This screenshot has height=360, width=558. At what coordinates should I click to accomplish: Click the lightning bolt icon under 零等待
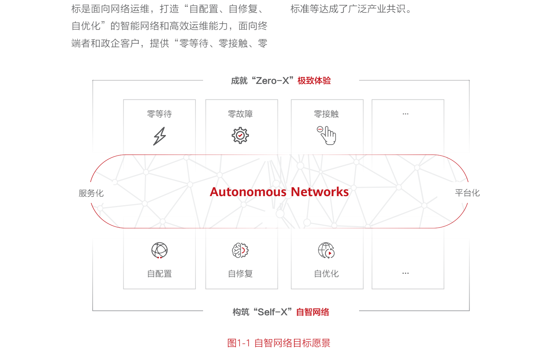[x=159, y=136]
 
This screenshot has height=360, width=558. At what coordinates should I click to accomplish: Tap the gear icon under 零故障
[x=240, y=135]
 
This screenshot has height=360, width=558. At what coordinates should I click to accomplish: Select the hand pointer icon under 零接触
[x=327, y=135]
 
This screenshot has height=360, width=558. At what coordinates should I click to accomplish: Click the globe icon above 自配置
[x=159, y=250]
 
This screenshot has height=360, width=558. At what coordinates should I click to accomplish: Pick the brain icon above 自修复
[x=240, y=250]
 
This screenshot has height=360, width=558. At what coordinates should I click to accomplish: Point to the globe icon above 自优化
[x=326, y=250]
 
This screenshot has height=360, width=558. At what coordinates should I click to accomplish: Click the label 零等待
[x=159, y=114]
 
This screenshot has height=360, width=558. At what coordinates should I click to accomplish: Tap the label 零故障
[x=240, y=114]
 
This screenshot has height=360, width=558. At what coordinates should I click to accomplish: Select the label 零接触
[x=326, y=114]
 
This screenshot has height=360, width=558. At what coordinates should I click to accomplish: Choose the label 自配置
[x=159, y=274]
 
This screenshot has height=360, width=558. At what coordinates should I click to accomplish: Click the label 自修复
[x=240, y=274]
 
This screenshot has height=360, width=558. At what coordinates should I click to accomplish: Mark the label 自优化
[x=326, y=274]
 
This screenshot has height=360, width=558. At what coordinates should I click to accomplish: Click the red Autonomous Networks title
[x=279, y=192]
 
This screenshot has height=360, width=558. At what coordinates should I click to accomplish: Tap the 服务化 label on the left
[x=91, y=193]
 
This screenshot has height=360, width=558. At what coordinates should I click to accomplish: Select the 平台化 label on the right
[x=467, y=193]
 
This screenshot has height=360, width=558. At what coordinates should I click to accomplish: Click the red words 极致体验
[x=314, y=80]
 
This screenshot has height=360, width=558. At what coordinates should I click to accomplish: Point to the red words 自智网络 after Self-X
[x=313, y=312]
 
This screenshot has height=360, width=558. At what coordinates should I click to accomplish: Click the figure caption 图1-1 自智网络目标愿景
[x=279, y=343]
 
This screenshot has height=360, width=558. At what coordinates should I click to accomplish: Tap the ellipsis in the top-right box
[x=405, y=114]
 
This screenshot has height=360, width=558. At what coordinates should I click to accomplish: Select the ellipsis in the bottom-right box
[x=405, y=273]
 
